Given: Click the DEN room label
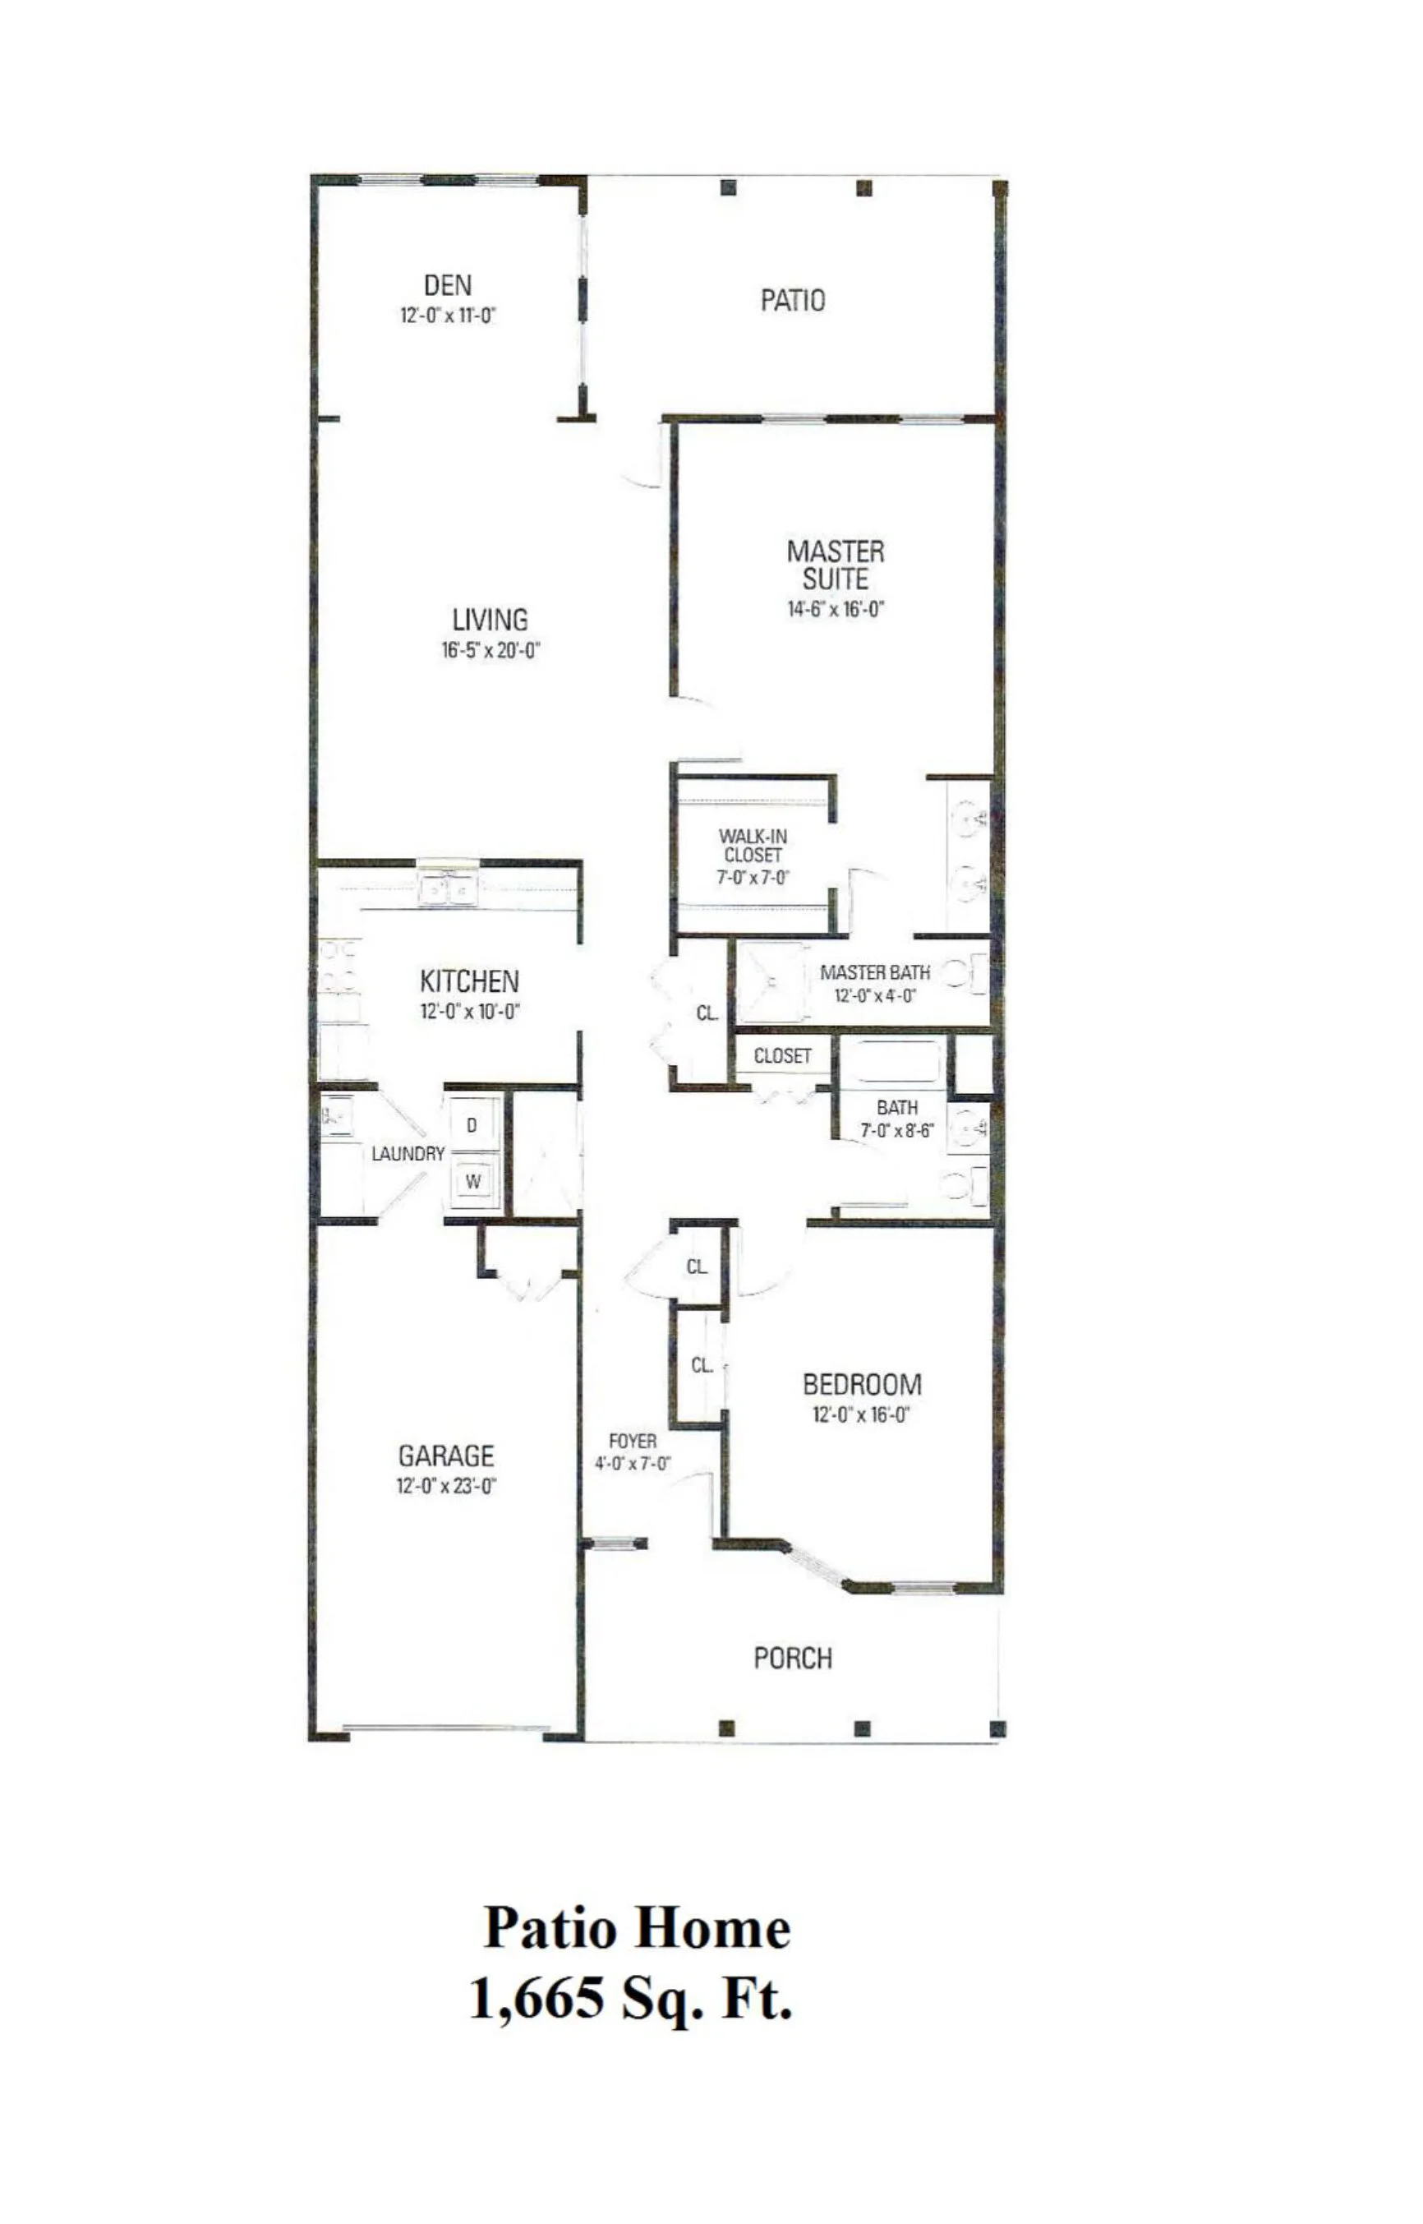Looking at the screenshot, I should [447, 286].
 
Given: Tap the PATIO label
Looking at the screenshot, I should [792, 301].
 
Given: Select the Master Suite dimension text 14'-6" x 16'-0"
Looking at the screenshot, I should [836, 609].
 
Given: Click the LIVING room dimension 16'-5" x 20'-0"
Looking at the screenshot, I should [490, 650].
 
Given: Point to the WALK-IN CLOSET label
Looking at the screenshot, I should [753, 846].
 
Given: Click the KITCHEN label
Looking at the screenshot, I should [469, 980].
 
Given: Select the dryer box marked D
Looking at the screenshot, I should [472, 1126].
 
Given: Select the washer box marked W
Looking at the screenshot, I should [473, 1181].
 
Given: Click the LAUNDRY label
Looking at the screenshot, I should [408, 1154].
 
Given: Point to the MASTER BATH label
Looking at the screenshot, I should [874, 972].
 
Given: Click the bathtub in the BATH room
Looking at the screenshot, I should [891, 1062].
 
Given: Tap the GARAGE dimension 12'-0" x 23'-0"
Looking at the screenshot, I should [447, 1486].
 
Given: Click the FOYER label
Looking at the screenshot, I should [633, 1441].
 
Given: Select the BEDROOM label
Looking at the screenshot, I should [861, 1385].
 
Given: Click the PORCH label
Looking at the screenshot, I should [792, 1659].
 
